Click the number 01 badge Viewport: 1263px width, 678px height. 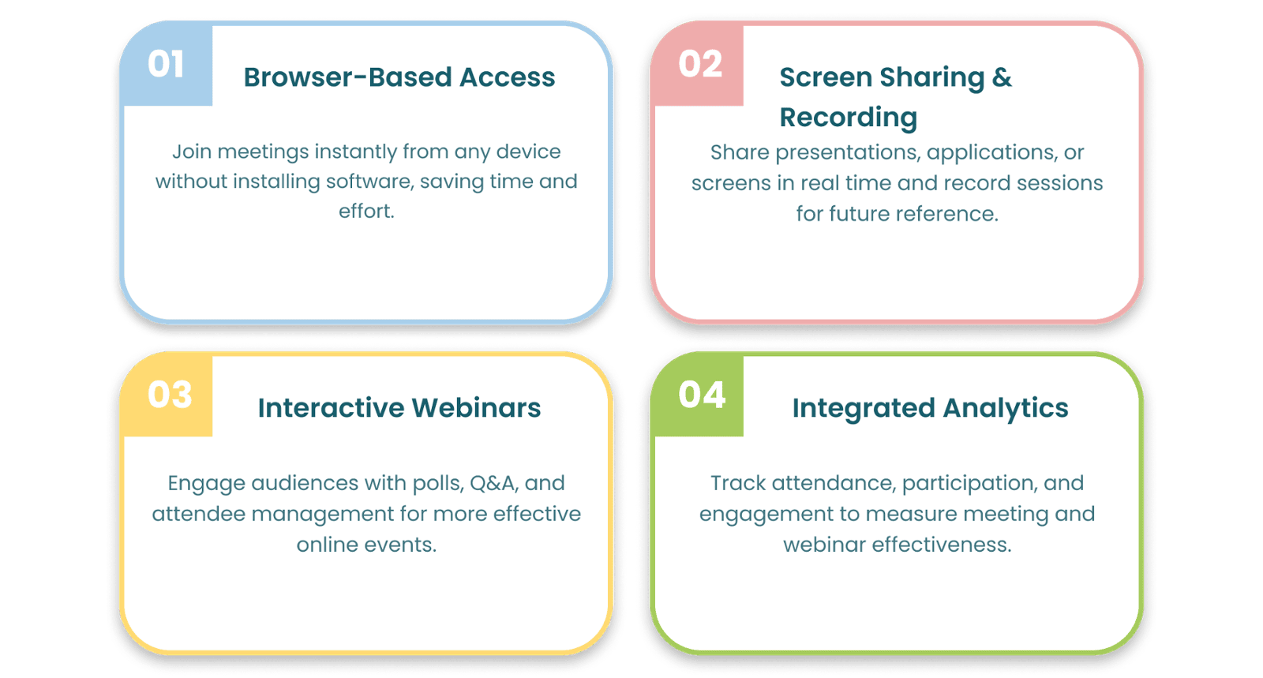166,65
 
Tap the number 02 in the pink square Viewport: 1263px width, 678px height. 700,65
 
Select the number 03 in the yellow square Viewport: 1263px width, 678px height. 169,395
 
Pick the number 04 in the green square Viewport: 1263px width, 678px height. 701,395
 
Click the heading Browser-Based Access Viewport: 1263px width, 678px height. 399,77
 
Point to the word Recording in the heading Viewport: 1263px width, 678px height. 848,118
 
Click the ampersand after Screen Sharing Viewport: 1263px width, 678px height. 1002,77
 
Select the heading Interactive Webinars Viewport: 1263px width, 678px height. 399,408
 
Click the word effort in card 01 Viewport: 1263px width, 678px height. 365,212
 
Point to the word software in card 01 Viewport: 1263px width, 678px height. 369,182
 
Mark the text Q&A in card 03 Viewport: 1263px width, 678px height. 493,483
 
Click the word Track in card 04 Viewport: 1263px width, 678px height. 738,483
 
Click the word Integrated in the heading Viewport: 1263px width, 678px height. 864,408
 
